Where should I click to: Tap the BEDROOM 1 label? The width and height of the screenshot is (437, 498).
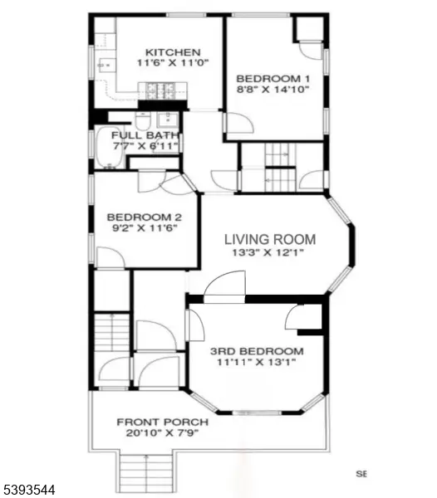click(273, 79)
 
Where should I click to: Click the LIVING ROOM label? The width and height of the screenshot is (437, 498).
click(270, 240)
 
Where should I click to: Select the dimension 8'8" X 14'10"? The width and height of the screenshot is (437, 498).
click(273, 90)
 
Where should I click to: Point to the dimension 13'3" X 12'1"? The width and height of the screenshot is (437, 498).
click(270, 253)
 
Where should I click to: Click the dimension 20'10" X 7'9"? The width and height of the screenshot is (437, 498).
click(162, 432)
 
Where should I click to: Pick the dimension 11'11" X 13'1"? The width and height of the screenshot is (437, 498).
click(257, 362)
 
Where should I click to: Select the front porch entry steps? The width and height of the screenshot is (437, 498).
click(148, 473)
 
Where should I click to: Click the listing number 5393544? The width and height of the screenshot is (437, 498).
click(29, 490)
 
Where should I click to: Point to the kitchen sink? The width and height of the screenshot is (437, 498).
click(106, 65)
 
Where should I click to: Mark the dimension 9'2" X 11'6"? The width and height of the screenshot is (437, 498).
click(142, 225)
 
